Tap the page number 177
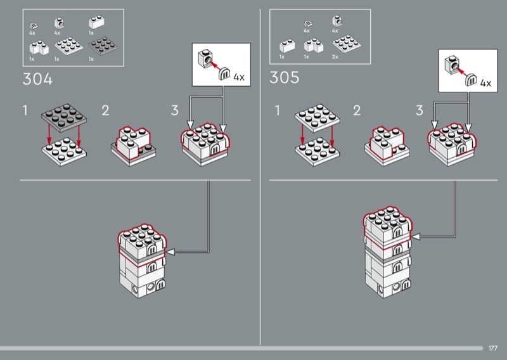(493, 348)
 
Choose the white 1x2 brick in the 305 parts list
(285, 46)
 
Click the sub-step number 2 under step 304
(105, 111)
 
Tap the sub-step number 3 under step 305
(419, 111)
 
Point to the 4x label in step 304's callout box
(238, 77)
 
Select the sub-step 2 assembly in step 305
(387, 145)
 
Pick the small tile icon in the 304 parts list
(34, 25)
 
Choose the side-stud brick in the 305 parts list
(336, 23)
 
